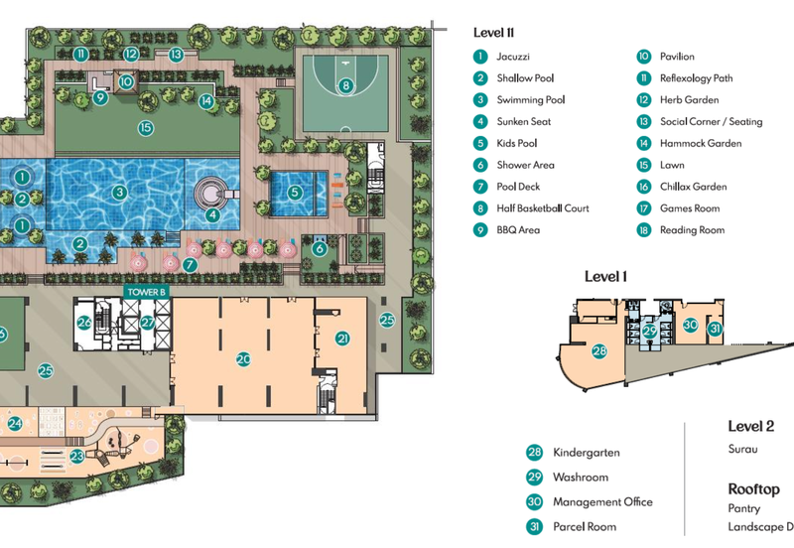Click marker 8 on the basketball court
click(x=345, y=86)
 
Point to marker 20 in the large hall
click(x=243, y=359)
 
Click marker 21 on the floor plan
click(x=342, y=339)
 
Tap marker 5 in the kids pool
click(x=295, y=193)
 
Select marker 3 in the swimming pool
click(x=119, y=193)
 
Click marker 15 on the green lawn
click(x=145, y=127)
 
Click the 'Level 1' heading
click(x=604, y=276)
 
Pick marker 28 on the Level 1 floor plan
click(x=599, y=350)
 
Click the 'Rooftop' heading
click(x=753, y=489)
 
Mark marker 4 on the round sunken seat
click(x=212, y=213)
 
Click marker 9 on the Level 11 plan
click(x=100, y=97)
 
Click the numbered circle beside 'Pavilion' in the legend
click(x=643, y=57)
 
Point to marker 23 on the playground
click(x=77, y=456)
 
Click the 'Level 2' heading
click(x=750, y=426)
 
